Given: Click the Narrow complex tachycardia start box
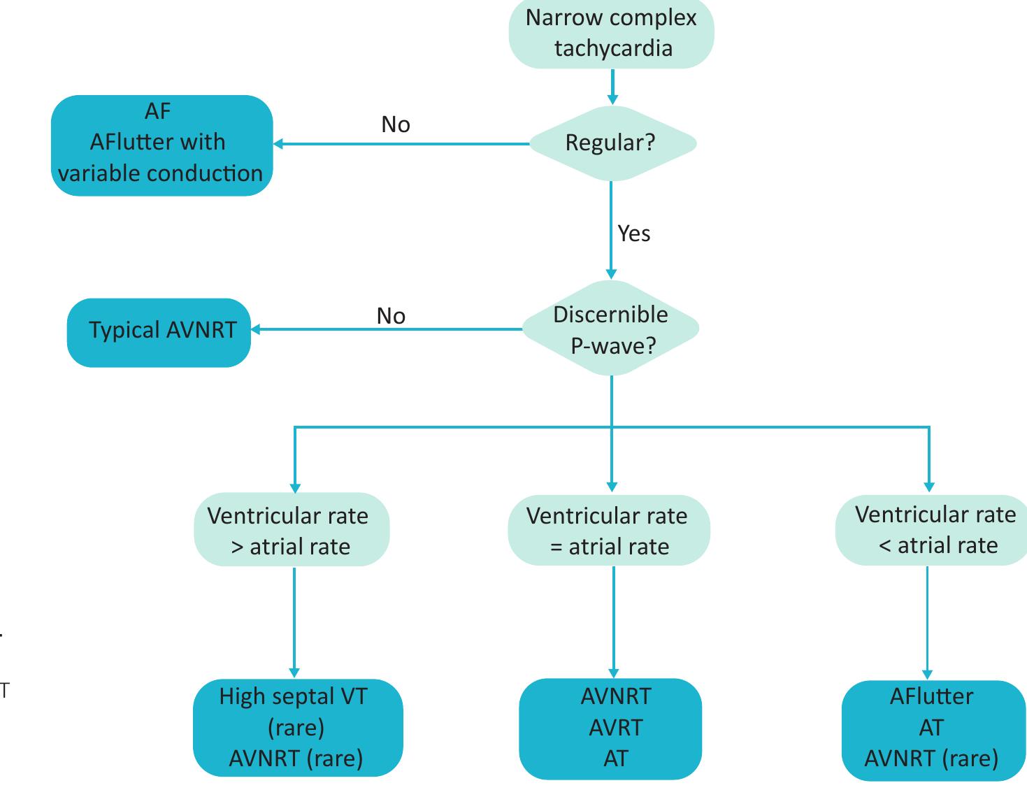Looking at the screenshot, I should point(611,33).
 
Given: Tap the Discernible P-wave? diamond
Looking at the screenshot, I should point(611,329).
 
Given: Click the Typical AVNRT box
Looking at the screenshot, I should point(159,331).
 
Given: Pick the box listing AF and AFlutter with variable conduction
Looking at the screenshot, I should point(161,145).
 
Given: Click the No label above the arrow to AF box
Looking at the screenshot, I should point(396,124).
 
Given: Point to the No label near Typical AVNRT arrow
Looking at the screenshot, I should point(391,316).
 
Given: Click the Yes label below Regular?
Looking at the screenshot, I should point(633,234).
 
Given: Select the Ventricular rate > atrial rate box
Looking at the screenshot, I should point(291,530).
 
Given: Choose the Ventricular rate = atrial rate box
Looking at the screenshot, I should point(608,530).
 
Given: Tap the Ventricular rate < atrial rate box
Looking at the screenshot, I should point(933,530).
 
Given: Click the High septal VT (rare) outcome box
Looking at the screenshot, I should point(297,727).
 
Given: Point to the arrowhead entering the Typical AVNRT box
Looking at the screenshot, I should point(255,329).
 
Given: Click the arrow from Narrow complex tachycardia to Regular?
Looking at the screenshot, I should point(612,87).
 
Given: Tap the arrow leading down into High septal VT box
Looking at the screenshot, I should point(294,622).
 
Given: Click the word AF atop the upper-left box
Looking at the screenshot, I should point(158,110).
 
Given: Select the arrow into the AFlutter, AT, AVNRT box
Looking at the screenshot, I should point(928,622).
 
